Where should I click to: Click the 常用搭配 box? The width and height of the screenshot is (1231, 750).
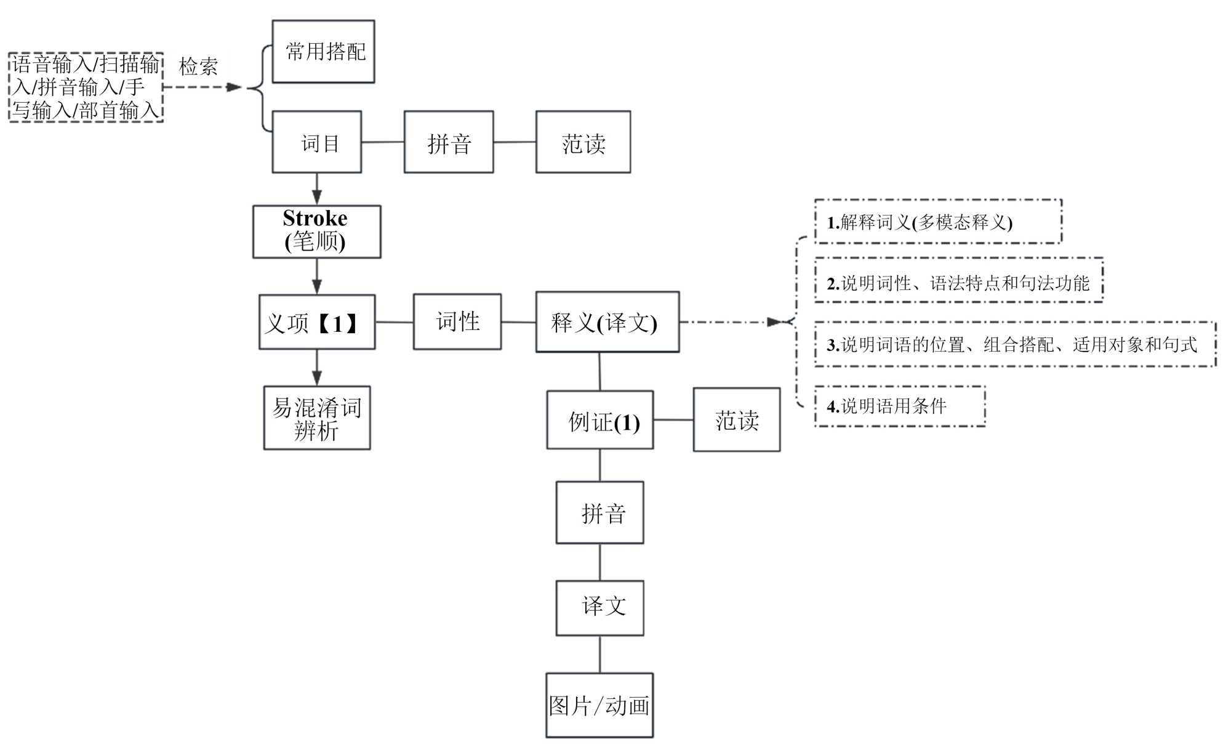pos(323,51)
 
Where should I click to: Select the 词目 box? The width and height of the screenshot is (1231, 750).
pos(316,142)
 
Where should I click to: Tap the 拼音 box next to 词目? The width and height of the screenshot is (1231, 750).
pos(448,142)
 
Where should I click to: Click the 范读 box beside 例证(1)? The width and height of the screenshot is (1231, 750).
pos(736,420)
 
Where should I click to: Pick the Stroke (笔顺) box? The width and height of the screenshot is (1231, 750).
pos(316,231)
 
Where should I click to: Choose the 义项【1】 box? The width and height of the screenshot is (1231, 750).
pos(316,322)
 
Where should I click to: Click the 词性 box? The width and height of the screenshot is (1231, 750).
pos(457,321)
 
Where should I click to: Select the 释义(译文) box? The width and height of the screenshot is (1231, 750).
pos(607,322)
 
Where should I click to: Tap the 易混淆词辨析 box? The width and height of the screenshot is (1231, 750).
pos(316,418)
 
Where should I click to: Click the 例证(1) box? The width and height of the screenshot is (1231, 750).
pos(599,420)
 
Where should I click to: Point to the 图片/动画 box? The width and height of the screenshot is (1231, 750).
pos(599,705)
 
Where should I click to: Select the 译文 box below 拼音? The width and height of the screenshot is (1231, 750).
pos(599,608)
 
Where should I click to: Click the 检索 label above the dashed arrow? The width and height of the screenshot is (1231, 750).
pos(198,66)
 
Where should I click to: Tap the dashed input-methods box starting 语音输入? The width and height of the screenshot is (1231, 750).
pos(86,87)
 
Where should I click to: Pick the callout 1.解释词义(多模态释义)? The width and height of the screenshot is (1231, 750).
pos(937,222)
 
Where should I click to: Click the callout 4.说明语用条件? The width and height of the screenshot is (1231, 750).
pos(899,406)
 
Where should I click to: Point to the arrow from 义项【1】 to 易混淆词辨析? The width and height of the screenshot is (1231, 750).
pos(316,368)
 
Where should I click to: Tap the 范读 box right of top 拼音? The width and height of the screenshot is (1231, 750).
pos(583,142)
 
